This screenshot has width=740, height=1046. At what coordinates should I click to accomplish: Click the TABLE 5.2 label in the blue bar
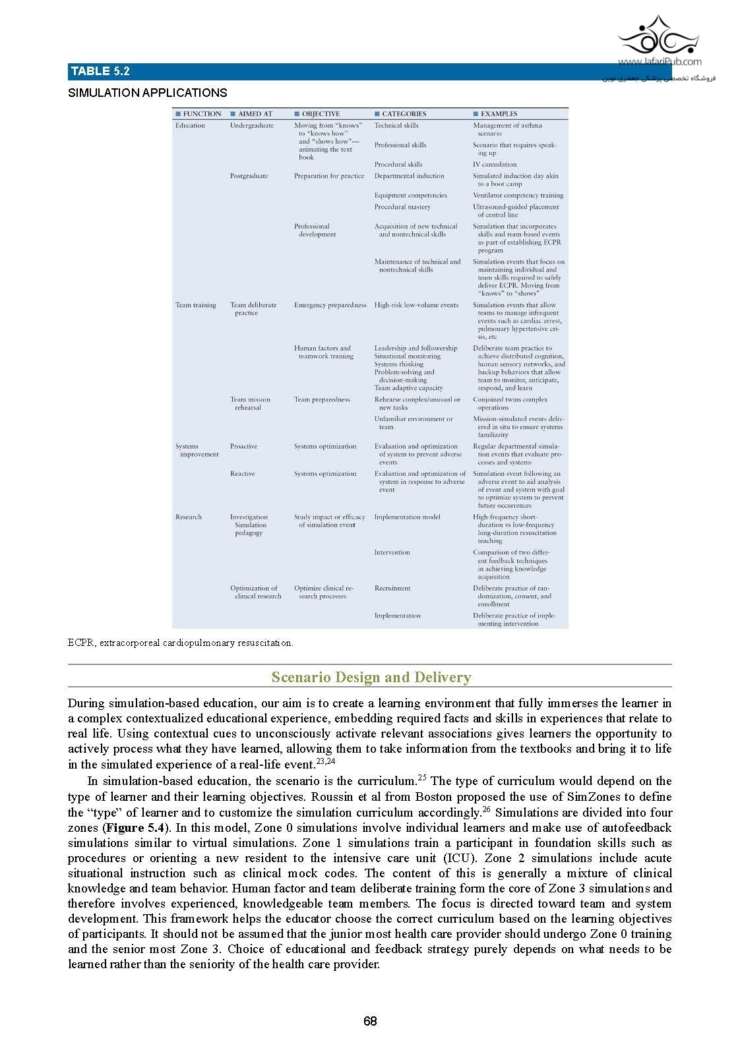click(x=100, y=71)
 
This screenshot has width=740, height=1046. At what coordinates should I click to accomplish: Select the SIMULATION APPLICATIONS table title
click(x=147, y=93)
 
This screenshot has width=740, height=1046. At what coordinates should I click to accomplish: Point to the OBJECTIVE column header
click(x=321, y=114)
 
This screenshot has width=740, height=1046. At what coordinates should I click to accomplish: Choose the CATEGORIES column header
click(x=404, y=114)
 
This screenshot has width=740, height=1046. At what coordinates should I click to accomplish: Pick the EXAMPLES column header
click(x=499, y=114)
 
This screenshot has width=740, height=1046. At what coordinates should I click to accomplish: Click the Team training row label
click(x=195, y=305)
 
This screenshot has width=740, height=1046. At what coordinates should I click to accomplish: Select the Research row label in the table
click(x=188, y=517)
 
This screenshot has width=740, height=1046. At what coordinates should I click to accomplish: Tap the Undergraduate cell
click(x=251, y=125)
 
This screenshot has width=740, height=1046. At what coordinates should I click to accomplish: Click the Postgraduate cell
click(x=249, y=176)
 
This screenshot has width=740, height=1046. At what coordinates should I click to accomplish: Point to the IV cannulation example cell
click(x=495, y=164)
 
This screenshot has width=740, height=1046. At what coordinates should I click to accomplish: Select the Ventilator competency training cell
click(x=518, y=195)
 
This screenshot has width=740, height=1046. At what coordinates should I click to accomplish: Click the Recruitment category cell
click(x=392, y=588)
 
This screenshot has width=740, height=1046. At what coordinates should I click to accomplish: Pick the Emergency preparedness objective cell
click(x=330, y=305)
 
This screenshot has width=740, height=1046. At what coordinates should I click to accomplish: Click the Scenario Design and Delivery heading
click(x=371, y=677)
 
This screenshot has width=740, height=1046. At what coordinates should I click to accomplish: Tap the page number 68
click(x=370, y=1021)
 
